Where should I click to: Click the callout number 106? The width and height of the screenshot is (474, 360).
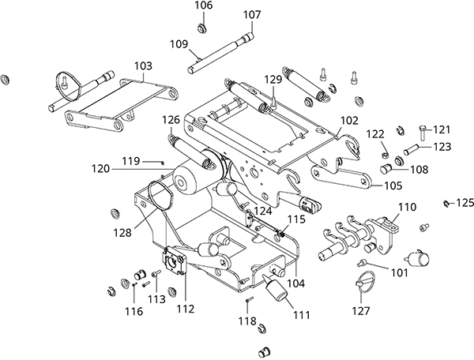click(x=204, y=6)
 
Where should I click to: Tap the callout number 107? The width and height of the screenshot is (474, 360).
click(x=252, y=14)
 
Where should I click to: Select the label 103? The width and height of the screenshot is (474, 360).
click(x=143, y=66)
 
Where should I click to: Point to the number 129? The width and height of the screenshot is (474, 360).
click(x=273, y=80)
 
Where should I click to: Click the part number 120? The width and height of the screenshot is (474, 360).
click(x=100, y=168)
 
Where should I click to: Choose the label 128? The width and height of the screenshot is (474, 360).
click(x=122, y=233)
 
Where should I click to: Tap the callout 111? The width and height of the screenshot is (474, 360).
click(x=302, y=315)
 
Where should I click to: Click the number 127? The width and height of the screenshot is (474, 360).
click(x=361, y=310)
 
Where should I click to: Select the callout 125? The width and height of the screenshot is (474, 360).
click(x=465, y=203)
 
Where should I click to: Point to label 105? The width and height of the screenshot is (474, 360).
click(x=393, y=186)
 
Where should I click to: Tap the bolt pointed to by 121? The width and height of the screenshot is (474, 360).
click(x=422, y=133)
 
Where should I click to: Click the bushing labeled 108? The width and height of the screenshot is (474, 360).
click(x=386, y=168)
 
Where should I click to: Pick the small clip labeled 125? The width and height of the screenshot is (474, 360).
click(x=446, y=204)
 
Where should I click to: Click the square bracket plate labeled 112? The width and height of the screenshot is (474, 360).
click(x=174, y=261)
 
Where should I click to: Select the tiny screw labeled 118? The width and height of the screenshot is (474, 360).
click(x=249, y=299)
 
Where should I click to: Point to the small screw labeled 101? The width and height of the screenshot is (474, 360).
click(x=361, y=263)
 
